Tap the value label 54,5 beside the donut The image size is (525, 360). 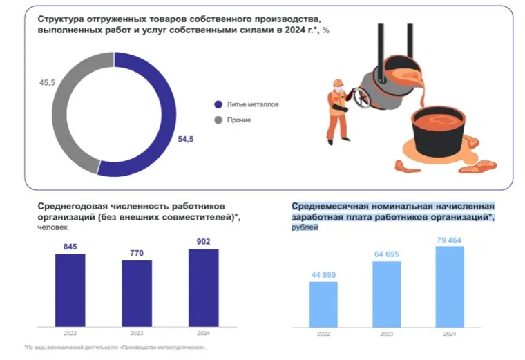(x=186, y=139)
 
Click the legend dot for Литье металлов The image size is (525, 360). (x=218, y=105)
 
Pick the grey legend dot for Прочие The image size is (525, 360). (x=218, y=120)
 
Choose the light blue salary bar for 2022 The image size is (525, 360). (x=323, y=304)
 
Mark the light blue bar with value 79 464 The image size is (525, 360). (x=450, y=286)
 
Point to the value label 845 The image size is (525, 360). (x=70, y=247)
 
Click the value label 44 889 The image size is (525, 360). (x=323, y=274)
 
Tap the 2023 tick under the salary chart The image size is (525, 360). (x=387, y=334)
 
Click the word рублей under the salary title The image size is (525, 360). (x=305, y=227)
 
